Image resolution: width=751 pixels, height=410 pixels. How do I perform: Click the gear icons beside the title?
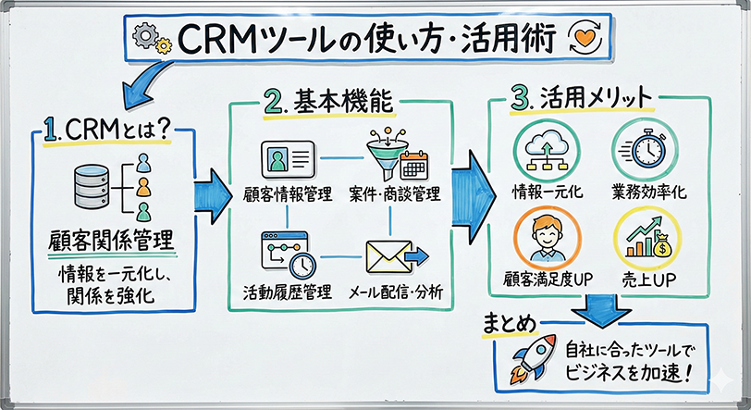pyautogui.click(x=151, y=38)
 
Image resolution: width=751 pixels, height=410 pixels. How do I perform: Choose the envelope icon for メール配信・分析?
pyautogui.click(x=391, y=258)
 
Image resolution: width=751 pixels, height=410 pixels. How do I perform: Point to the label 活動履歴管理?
pyautogui.click(x=288, y=293)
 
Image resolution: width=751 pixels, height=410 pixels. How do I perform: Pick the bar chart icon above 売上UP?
pyautogui.click(x=642, y=236)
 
